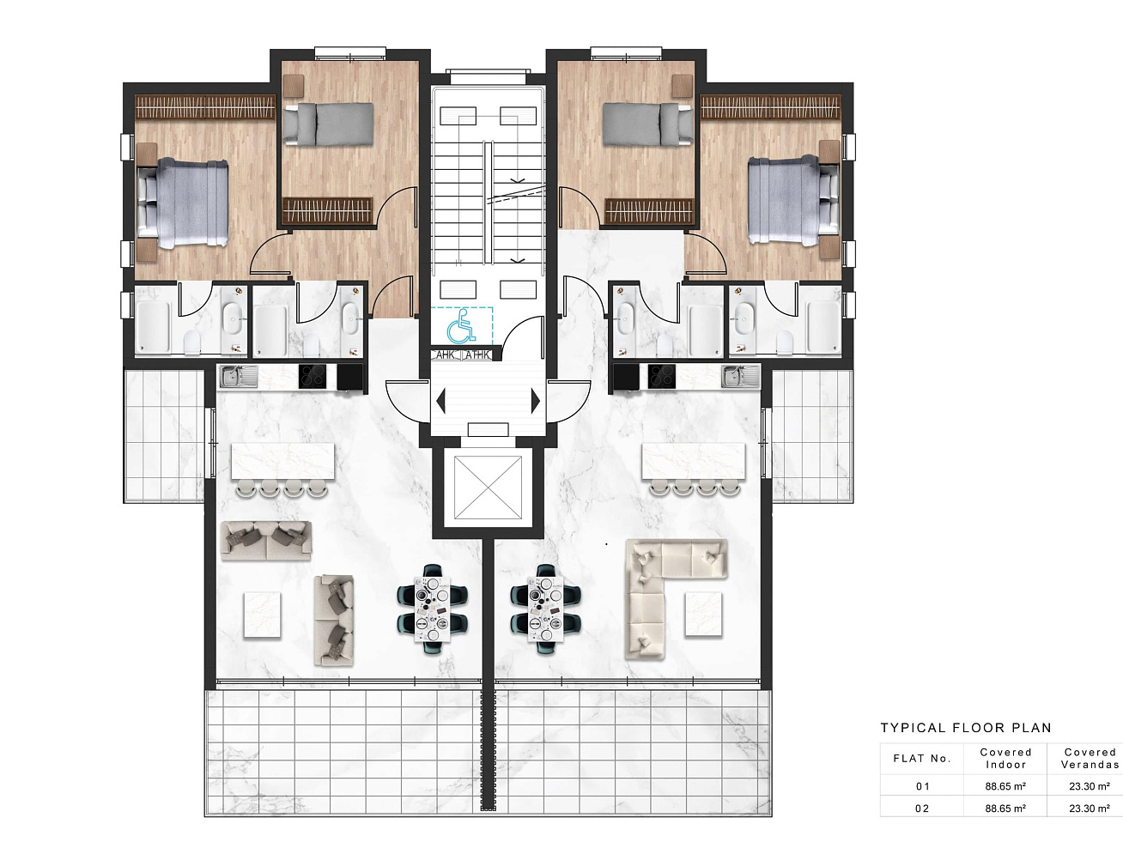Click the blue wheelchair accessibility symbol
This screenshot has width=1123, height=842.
[x=461, y=325]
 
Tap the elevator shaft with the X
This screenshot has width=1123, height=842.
[x=488, y=488]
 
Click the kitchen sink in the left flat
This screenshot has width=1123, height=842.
[x=239, y=376]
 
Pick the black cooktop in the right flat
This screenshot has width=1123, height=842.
[x=661, y=376]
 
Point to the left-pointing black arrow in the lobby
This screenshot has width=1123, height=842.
[x=440, y=401]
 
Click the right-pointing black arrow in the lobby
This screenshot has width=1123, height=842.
[x=536, y=401]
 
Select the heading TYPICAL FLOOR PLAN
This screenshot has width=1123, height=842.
[x=965, y=728]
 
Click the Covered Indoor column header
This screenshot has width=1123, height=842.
[x=1005, y=759]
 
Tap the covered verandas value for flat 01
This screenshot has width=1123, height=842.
[x=1090, y=786]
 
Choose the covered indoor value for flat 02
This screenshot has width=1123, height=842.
[x=1005, y=809]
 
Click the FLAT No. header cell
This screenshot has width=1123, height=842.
[x=922, y=759]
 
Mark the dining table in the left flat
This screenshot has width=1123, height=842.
[x=433, y=609]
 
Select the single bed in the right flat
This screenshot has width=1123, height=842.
[x=648, y=124]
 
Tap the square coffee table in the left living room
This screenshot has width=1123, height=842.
[x=262, y=615]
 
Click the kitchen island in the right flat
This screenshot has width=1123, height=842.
[x=694, y=462]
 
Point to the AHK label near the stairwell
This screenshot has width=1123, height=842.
[x=445, y=354]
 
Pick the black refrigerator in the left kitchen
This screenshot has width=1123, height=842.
[x=350, y=377]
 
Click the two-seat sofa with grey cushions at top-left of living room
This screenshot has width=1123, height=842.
[x=265, y=540]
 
